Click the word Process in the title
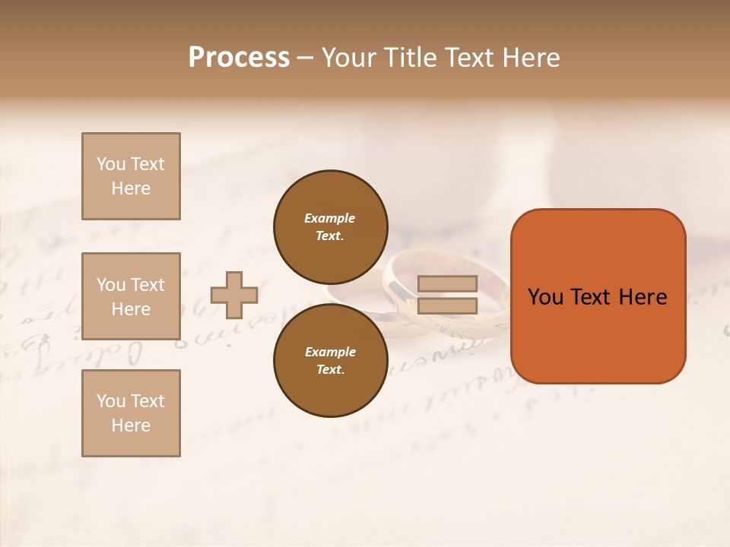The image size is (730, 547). click(x=239, y=58)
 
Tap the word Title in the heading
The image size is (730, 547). click(x=409, y=58)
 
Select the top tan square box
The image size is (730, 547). click(x=131, y=176)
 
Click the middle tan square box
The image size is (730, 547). click(x=131, y=296)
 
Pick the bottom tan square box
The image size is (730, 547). click(x=131, y=413)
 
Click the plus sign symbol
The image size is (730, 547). click(x=234, y=295)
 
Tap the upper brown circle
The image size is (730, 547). click(x=330, y=226)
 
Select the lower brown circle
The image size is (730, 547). click(x=330, y=360)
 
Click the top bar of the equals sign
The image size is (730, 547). click(x=447, y=284)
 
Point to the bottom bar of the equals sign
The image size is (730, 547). click(x=447, y=306)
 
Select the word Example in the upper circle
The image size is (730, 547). click(x=329, y=218)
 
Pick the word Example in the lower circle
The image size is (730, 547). click(x=329, y=352)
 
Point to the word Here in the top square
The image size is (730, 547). click(x=131, y=188)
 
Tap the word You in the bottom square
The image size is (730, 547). click(x=111, y=401)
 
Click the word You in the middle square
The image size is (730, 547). click(x=111, y=285)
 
